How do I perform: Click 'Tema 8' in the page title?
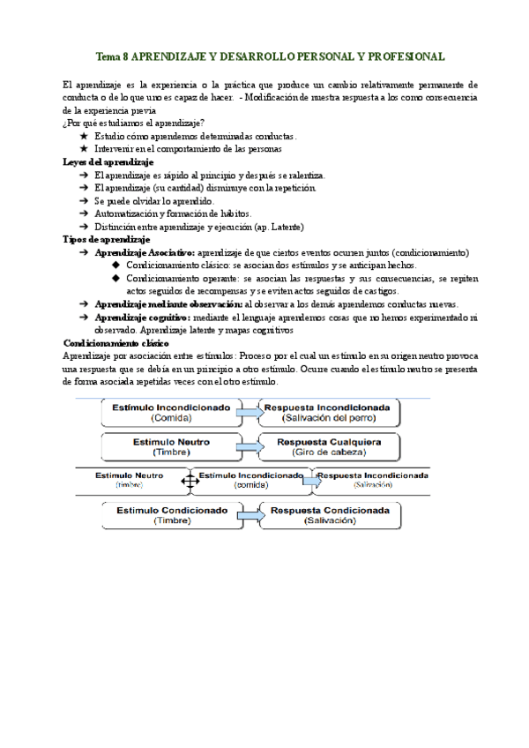coord(112,56)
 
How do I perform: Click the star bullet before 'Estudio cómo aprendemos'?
coord(83,137)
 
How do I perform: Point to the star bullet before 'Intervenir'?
coord(83,149)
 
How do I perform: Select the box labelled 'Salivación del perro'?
coord(330,412)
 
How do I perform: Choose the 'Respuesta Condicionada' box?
coord(329,514)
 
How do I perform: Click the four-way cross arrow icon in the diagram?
coord(188,481)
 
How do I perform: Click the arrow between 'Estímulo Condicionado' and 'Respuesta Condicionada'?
coord(250,514)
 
